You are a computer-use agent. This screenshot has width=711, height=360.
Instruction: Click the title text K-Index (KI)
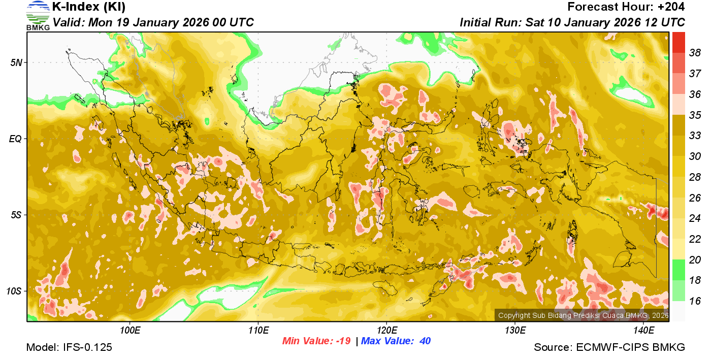pyautogui.click(x=89, y=7)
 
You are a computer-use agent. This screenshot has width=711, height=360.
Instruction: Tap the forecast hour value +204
pyautogui.click(x=671, y=7)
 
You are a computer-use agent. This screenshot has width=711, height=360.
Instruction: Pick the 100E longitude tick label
pyautogui.click(x=130, y=331)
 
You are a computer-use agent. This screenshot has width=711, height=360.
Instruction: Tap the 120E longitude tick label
pyautogui.click(x=386, y=331)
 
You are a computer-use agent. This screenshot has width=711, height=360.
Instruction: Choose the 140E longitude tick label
pyautogui.click(x=643, y=331)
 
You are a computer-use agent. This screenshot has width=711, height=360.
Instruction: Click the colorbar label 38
pyautogui.click(x=695, y=53)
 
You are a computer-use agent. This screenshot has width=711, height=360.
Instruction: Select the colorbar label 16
pyautogui.click(x=695, y=301)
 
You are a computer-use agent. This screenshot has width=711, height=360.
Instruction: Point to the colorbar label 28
pyautogui.click(x=695, y=177)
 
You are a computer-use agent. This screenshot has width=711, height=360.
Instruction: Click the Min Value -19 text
pyautogui.click(x=316, y=341)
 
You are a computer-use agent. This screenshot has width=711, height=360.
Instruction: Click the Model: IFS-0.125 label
pyautogui.click(x=69, y=348)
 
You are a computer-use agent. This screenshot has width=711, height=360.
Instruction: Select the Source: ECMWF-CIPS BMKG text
pyautogui.click(x=609, y=348)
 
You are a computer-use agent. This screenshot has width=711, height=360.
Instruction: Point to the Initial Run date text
pyautogui.click(x=572, y=22)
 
